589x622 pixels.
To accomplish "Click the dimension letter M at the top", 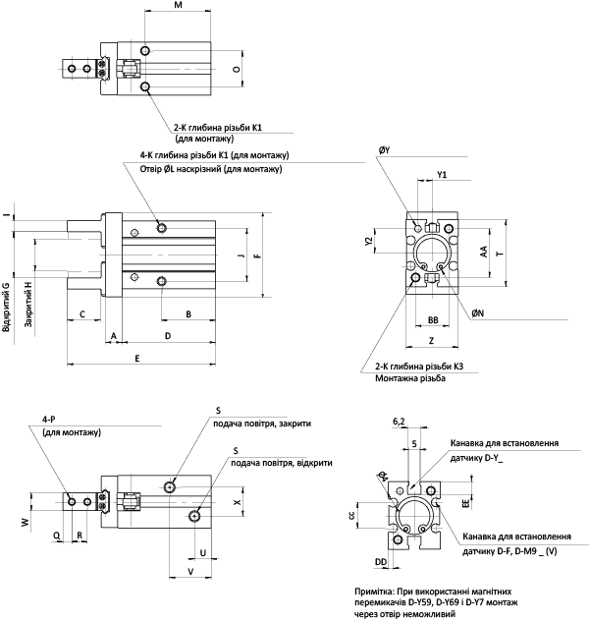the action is click(179, 5).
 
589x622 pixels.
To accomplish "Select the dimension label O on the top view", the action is click(237, 69).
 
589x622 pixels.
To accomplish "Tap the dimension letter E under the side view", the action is click(137, 359).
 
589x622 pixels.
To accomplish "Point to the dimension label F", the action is click(258, 255).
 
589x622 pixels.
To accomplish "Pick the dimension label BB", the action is click(433, 319).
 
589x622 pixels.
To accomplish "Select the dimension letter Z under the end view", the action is click(432, 340).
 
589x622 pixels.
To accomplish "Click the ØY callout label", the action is click(384, 150).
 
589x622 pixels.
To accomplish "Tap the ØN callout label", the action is click(478, 313).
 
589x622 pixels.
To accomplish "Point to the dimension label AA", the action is click(484, 252).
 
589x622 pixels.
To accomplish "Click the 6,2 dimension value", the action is click(400, 422).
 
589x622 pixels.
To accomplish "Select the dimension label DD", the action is click(381, 561).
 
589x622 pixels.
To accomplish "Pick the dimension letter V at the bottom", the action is click(190, 571).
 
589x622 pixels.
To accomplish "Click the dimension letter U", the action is click(203, 552).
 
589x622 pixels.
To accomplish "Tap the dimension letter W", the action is click(26, 522).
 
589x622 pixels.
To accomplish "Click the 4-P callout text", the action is click(49, 419).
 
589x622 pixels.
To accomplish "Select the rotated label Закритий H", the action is click(28, 305).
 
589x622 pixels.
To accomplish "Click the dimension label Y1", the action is click(442, 175).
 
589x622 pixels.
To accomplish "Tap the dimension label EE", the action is click(466, 503).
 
